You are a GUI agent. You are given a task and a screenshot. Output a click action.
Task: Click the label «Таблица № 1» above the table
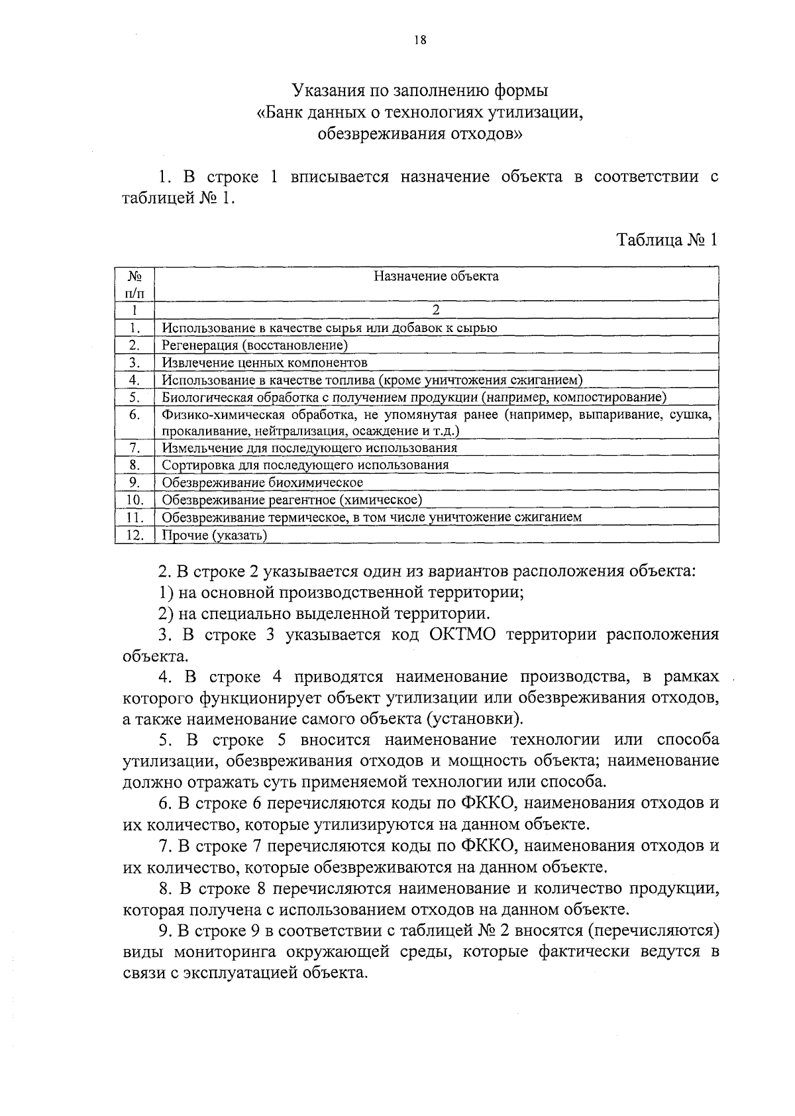pyautogui.click(x=667, y=240)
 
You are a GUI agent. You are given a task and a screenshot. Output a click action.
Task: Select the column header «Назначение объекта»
pyautogui.click(x=436, y=276)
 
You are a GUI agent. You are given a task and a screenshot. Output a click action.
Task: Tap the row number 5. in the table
pyautogui.click(x=134, y=398)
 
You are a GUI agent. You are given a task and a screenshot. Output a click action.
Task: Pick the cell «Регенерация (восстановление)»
pyautogui.click(x=255, y=345)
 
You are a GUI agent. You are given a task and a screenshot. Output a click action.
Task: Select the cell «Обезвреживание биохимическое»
pyautogui.click(x=262, y=482)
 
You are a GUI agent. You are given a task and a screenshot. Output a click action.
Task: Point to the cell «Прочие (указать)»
pyautogui.click(x=215, y=535)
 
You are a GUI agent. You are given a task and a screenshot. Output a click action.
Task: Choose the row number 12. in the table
pyautogui.click(x=134, y=535)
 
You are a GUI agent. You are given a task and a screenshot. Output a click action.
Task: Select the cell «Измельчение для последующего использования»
pyautogui.click(x=309, y=448)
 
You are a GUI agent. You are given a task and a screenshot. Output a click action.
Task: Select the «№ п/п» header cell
pyautogui.click(x=134, y=284)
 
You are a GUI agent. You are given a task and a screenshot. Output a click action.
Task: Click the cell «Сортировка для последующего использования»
pyautogui.click(x=305, y=465)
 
